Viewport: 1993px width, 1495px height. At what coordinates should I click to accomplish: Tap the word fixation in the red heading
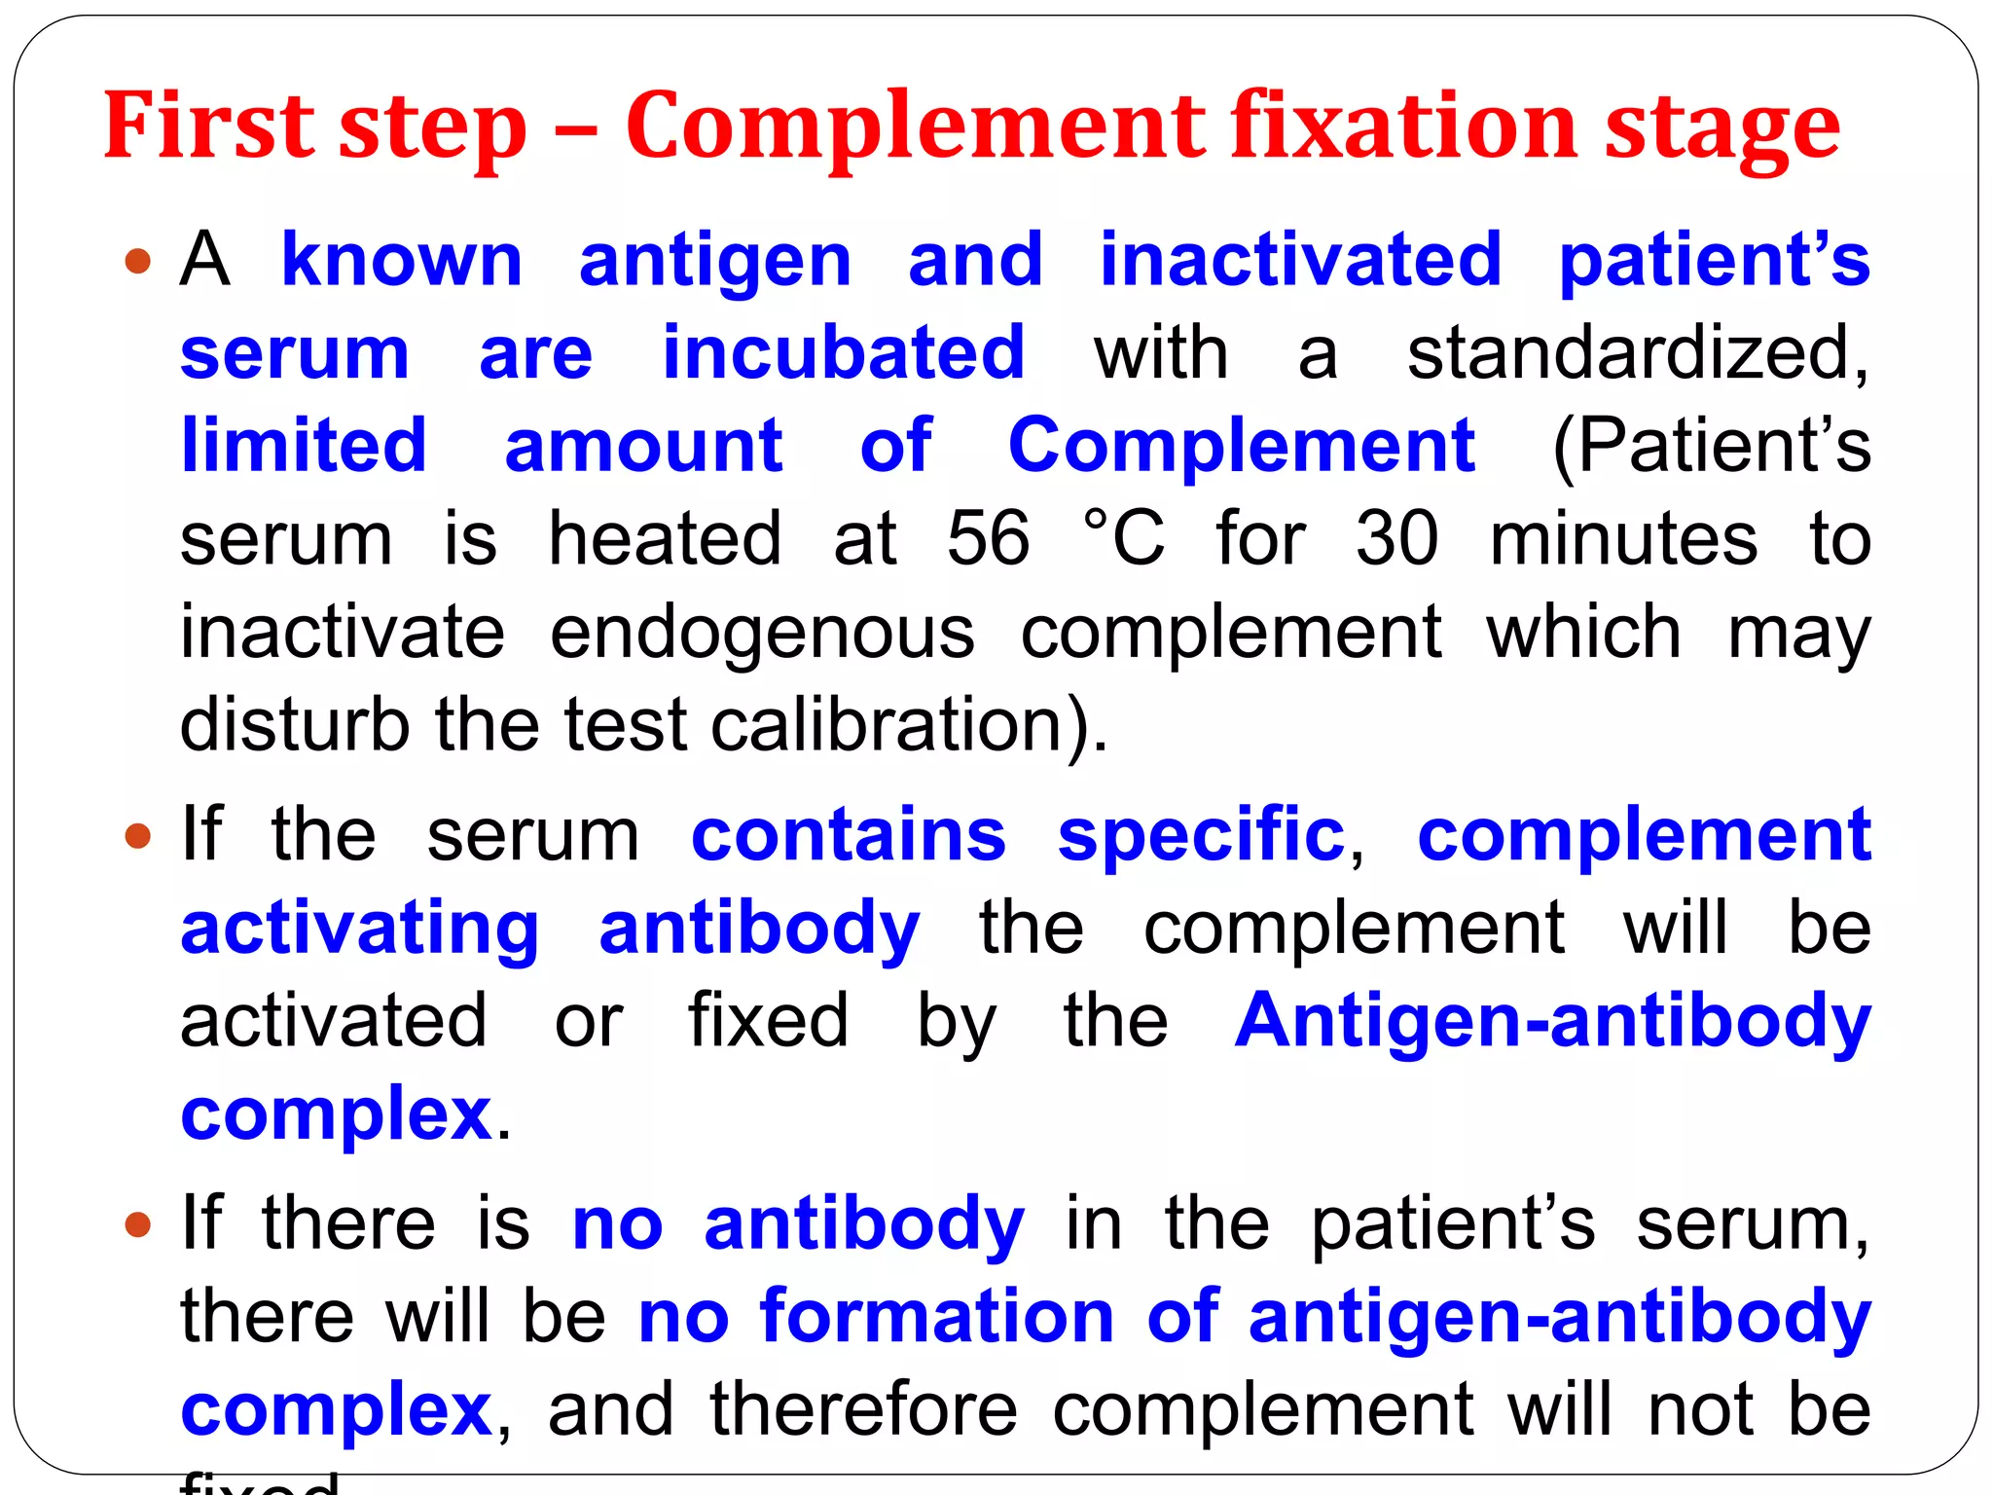tap(1403, 127)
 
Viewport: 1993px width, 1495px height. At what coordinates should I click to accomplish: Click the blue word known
tap(402, 261)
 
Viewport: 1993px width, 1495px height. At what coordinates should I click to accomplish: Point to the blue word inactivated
tap(1300, 261)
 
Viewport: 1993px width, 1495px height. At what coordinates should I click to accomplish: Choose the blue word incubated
tap(844, 353)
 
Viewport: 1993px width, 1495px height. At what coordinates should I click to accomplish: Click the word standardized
tap(1637, 353)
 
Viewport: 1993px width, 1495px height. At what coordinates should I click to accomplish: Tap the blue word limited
tap(304, 446)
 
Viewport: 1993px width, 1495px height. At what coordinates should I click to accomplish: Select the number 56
tap(988, 538)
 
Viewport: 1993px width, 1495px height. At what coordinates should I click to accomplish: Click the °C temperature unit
tap(1124, 538)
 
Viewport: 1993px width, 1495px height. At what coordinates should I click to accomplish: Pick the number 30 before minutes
tap(1396, 538)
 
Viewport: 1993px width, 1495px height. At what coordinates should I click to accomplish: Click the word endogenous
tap(762, 633)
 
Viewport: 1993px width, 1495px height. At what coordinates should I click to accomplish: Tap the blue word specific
tap(1201, 835)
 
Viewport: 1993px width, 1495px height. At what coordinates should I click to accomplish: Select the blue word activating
tap(360, 930)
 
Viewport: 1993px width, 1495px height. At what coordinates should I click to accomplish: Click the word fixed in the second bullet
tap(768, 1021)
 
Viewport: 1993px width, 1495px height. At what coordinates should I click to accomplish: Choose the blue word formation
tap(936, 1317)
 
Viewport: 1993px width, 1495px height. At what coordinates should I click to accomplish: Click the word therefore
tap(863, 1409)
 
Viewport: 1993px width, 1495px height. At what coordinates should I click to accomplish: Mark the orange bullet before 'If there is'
tap(139, 1223)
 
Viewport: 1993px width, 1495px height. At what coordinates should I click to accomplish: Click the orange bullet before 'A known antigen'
tap(139, 261)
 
